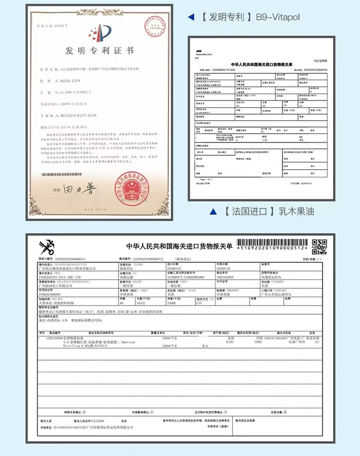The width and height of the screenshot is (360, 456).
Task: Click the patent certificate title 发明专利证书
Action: pos(99,50)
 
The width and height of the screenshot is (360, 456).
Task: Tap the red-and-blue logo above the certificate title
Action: pos(99,32)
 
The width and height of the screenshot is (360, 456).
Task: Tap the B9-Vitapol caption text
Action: pos(277,17)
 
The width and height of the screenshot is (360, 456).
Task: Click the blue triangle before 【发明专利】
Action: pos(191,17)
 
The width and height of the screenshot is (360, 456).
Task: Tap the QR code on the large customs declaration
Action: pos(319,246)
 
